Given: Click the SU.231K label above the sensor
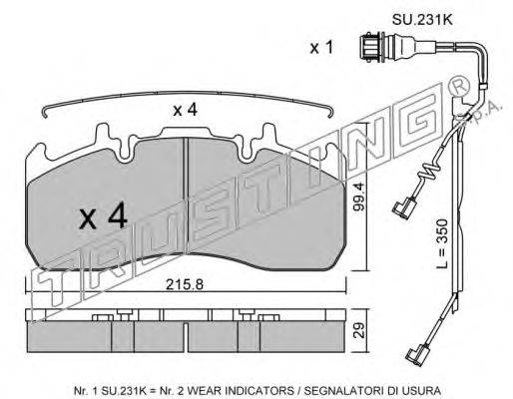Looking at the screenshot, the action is coord(422,20).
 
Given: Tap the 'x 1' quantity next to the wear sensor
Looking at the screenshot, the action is coord(321,48).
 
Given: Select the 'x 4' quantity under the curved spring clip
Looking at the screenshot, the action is coord(185,110).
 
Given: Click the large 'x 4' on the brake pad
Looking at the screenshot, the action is coord(103,215).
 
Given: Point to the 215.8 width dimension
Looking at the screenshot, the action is coord(185,284).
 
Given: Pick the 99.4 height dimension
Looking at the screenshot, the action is coord(359,197).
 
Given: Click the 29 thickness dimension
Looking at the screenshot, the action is coord(359,330).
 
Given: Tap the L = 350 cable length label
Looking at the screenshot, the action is coord(443,243).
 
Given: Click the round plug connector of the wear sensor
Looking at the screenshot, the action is coord(372,47).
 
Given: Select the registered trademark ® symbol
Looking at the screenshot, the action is coord(459,86).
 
